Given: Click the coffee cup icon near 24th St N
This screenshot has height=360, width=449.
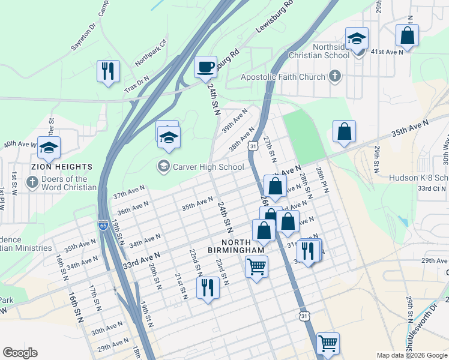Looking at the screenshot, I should [x=206, y=66].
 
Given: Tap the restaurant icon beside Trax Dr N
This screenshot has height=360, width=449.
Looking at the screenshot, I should [x=108, y=71].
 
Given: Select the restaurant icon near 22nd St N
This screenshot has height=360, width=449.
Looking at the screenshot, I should [x=208, y=287].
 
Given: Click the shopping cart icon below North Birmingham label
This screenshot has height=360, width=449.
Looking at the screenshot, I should [x=256, y=265].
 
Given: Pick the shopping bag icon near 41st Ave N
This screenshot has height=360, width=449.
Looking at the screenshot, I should [x=407, y=35].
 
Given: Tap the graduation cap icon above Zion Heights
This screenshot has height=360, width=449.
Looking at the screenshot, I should [x=49, y=148].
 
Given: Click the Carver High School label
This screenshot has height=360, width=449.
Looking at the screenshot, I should [x=207, y=167].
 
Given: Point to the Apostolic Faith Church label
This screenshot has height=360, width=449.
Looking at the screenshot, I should [x=283, y=77].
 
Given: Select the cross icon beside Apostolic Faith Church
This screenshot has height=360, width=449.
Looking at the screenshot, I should [x=335, y=76].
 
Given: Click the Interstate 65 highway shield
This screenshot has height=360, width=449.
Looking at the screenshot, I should [x=103, y=225].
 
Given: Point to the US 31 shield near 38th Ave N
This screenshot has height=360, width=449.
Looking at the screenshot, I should [x=254, y=146].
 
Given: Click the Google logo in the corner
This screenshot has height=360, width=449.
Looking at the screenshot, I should [x=20, y=353].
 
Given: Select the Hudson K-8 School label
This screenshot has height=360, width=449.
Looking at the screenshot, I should [x=418, y=178].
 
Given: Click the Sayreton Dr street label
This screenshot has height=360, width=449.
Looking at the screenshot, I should [x=83, y=37].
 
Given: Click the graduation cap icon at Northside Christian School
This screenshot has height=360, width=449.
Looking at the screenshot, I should [x=357, y=38].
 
